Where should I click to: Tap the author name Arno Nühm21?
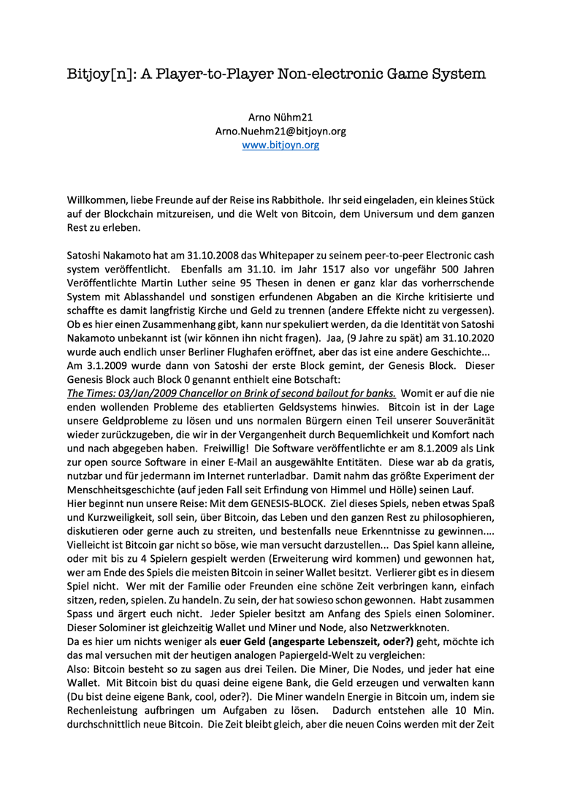[281, 118]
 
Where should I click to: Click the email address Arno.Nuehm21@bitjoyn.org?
[280, 131]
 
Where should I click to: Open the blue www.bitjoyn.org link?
[280, 145]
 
